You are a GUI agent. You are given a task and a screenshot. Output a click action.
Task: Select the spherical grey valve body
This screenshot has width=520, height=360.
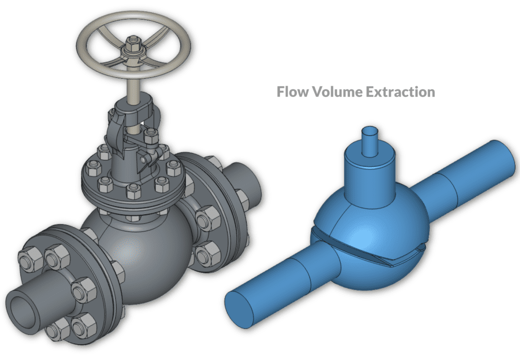137,254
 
